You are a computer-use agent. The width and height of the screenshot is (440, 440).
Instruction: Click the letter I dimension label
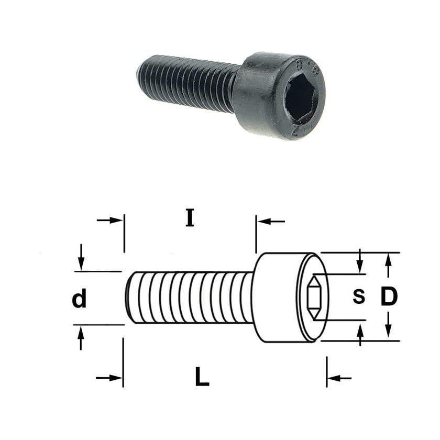(190, 218)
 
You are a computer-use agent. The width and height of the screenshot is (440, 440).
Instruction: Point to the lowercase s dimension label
(359, 297)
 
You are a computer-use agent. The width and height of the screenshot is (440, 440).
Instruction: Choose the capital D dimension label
(389, 296)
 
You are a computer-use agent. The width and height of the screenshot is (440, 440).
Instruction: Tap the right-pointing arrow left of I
(109, 221)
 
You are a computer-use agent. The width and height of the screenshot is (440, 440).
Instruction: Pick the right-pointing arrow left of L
(109, 378)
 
